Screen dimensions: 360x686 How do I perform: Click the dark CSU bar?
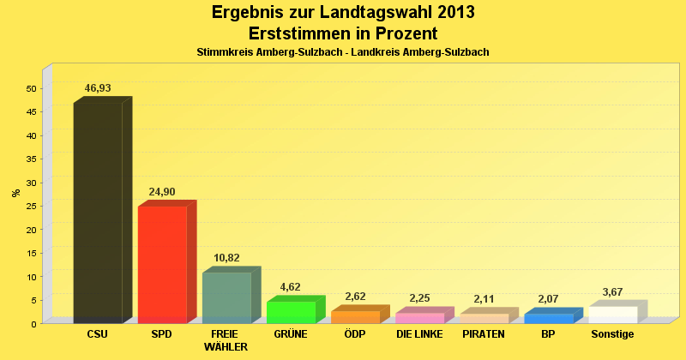point(98,212)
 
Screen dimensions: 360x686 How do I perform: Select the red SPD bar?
point(162,264)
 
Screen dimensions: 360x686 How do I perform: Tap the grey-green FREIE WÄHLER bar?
point(226,297)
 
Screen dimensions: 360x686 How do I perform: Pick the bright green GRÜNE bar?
point(291,312)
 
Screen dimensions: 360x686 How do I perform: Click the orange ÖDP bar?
point(355,316)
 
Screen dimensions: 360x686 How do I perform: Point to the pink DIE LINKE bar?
point(419,317)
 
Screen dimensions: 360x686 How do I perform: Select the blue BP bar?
point(548,318)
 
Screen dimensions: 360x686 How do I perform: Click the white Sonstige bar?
point(612,315)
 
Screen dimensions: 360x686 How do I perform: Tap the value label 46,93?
point(98,88)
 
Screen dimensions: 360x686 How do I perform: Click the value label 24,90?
point(162,192)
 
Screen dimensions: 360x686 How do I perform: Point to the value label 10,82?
point(226,258)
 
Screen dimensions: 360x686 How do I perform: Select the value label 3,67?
point(612,292)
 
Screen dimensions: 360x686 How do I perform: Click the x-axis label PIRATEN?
point(484,333)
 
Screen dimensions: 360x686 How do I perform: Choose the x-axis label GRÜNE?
point(291,333)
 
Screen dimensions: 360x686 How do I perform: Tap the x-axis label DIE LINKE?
point(419,333)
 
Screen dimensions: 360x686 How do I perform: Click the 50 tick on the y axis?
point(31,88)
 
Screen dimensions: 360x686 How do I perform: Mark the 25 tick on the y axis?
point(31,206)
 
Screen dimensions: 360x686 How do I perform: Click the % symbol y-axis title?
point(15,192)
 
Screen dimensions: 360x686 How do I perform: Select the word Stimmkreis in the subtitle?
point(221,52)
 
